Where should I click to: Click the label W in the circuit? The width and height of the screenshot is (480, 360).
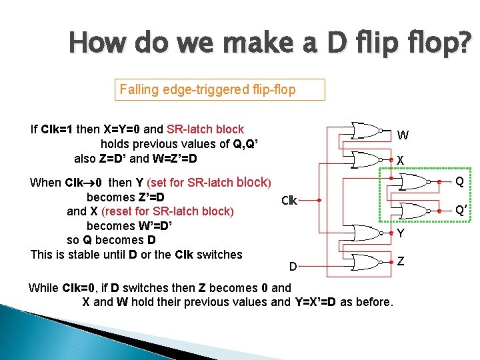point(403,135)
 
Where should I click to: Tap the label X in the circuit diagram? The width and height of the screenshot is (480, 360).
point(400,161)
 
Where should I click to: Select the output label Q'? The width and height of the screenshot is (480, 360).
point(461,211)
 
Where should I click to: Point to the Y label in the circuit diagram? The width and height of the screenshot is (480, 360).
point(401,233)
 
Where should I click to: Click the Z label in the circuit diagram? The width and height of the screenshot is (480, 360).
point(400,261)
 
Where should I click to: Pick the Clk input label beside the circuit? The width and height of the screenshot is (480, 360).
point(289,200)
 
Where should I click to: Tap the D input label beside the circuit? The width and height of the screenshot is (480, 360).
point(293,267)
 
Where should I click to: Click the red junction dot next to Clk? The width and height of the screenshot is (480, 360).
point(319,200)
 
